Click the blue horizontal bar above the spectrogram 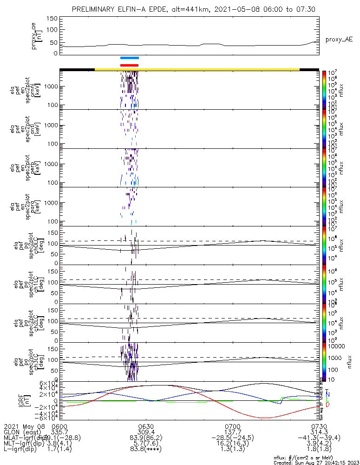(129, 58)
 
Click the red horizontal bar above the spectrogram (129, 65)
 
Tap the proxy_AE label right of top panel (338, 40)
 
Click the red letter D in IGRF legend (327, 405)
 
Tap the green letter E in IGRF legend (327, 399)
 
